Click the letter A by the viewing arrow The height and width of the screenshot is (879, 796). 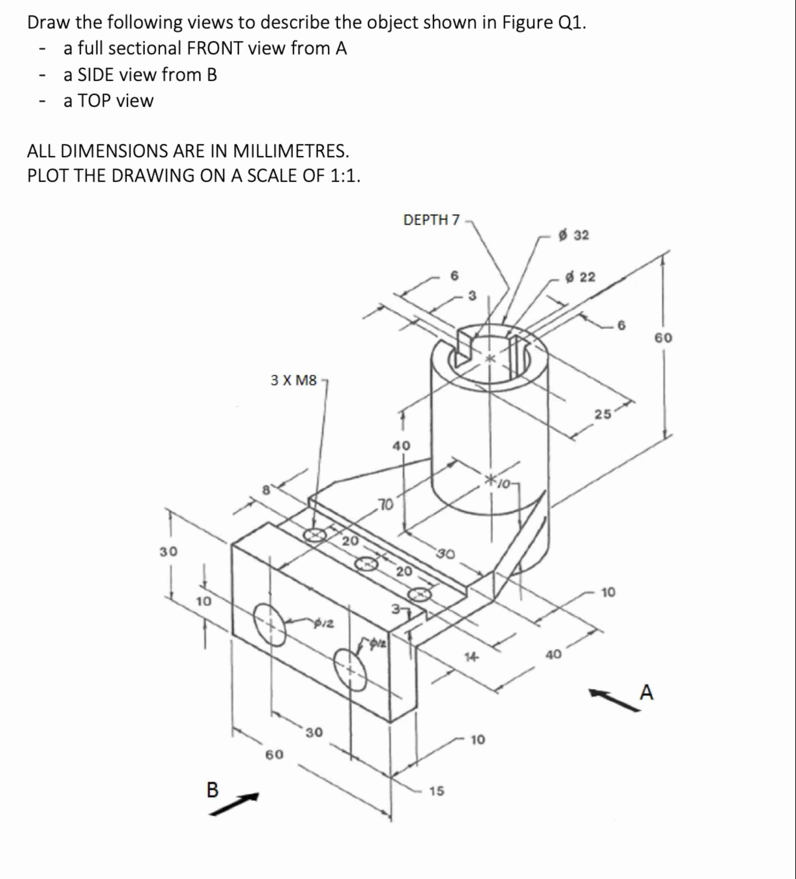647,692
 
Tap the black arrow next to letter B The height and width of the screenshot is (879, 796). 235,804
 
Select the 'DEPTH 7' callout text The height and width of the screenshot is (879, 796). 431,220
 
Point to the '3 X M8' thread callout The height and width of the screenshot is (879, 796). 293,380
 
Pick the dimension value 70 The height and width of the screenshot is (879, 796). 385,505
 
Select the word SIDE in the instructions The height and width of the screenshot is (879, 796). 96,75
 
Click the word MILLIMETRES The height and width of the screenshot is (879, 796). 291,151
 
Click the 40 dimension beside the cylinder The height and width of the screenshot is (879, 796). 402,445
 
